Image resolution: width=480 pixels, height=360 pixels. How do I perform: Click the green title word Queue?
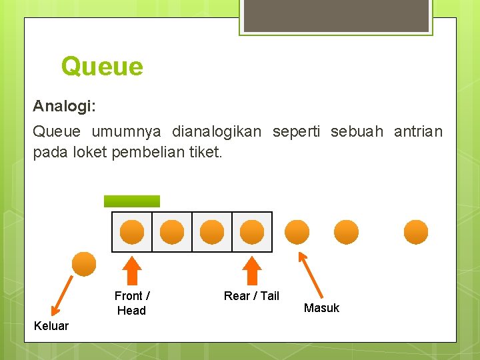[101, 67]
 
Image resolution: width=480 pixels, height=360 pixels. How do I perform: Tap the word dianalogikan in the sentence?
[216, 131]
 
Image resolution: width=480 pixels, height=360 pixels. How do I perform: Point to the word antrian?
[418, 131]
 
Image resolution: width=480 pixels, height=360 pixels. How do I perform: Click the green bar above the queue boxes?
[132, 201]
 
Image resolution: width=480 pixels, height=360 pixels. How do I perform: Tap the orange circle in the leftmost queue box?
[132, 231]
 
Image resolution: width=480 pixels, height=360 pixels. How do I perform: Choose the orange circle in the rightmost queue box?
[252, 231]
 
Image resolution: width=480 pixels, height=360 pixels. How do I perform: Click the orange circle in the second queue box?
[172, 231]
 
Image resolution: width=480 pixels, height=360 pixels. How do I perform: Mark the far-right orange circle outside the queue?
[416, 231]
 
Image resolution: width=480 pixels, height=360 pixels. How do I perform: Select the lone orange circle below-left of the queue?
[84, 263]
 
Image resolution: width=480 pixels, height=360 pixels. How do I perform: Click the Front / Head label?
[132, 303]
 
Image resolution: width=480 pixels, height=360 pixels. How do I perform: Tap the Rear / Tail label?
[251, 295]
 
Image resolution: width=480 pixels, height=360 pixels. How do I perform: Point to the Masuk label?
[321, 307]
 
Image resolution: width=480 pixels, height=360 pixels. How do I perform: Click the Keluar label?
[51, 325]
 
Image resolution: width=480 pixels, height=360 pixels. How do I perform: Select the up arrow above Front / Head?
[132, 271]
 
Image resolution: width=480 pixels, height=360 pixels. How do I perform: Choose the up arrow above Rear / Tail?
[252, 271]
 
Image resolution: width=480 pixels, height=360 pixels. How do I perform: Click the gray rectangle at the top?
[335, 15]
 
